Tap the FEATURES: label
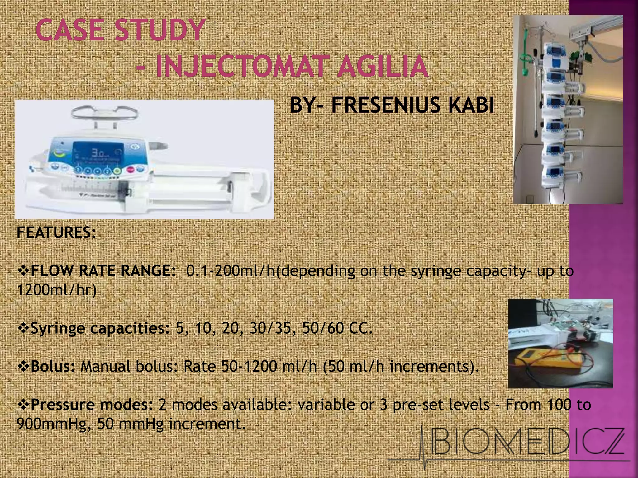pos(56,232)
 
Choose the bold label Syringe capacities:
pos(100,329)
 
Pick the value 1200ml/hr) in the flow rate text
pos(56,290)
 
